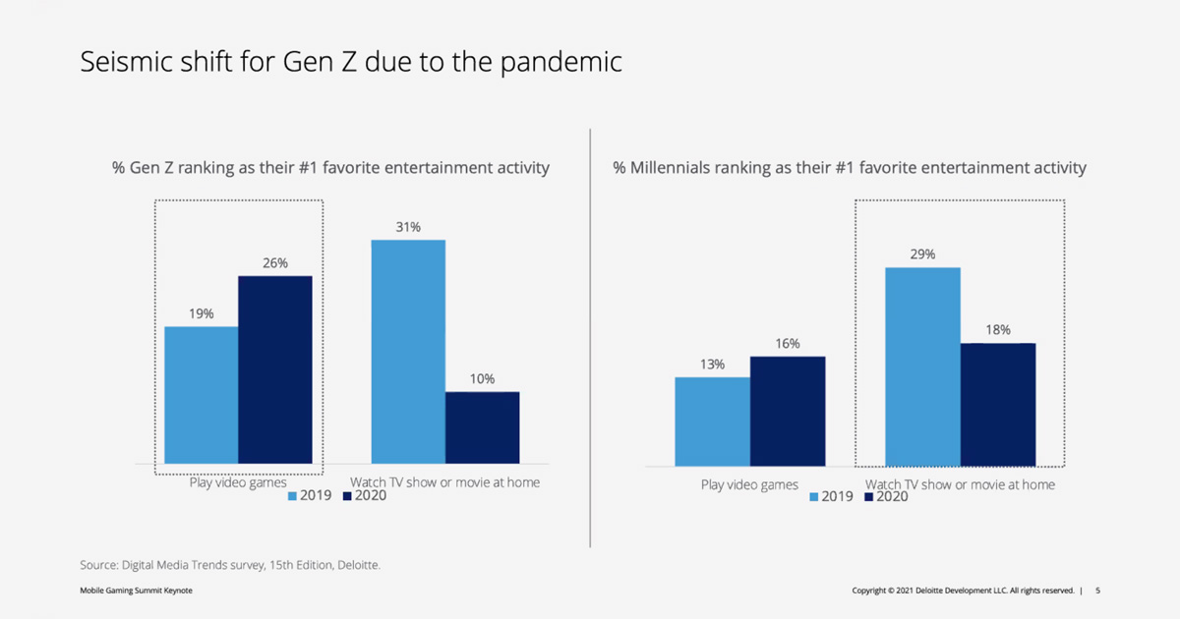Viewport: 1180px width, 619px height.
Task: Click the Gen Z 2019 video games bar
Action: [x=201, y=394]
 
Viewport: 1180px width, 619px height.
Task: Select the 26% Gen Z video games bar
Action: [x=275, y=368]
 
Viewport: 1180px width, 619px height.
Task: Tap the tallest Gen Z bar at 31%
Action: [x=408, y=351]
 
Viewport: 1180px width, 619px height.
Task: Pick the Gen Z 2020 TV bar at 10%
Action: [x=482, y=427]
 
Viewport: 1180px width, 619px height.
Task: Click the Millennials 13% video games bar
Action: [x=712, y=422]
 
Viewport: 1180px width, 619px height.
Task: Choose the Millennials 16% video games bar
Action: [x=788, y=411]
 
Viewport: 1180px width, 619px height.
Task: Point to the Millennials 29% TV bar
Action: [x=922, y=366]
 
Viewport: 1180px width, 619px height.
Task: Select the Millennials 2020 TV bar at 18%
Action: [x=998, y=404]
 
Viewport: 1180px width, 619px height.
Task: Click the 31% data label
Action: [x=408, y=227]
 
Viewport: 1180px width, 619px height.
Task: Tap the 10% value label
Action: [x=482, y=379]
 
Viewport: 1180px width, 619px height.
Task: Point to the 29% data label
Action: [x=922, y=254]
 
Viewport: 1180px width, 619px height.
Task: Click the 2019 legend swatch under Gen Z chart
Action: [x=293, y=497]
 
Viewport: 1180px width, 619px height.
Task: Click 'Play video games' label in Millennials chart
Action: [x=749, y=484]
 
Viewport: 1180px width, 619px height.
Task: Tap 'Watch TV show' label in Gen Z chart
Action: [x=445, y=482]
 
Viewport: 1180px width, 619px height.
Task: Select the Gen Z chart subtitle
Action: [x=331, y=168]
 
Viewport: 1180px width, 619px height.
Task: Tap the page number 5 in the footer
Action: [x=1097, y=591]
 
